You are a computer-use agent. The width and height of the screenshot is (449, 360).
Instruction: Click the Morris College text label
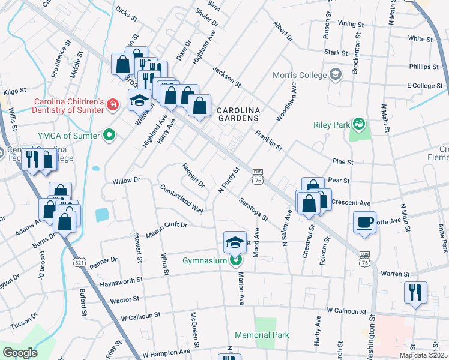(299, 76)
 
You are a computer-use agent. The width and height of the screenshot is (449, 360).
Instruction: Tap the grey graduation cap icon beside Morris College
(336, 75)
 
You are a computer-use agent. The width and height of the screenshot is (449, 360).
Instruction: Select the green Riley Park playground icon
(359, 124)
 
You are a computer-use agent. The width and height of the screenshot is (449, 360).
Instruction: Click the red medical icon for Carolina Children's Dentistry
(111, 106)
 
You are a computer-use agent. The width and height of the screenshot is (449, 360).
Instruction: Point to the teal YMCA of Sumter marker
(109, 135)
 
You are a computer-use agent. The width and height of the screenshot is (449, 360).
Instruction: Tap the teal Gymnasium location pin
(235, 260)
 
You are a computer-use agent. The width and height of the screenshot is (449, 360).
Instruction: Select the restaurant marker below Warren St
(415, 292)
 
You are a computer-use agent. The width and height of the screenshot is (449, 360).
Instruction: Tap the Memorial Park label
(262, 335)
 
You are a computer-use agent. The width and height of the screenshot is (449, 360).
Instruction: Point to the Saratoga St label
(253, 208)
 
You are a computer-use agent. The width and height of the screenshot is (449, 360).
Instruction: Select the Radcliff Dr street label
(193, 175)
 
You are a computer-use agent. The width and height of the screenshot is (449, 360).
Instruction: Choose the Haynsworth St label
(122, 281)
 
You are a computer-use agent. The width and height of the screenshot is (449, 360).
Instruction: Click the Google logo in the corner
(20, 353)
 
